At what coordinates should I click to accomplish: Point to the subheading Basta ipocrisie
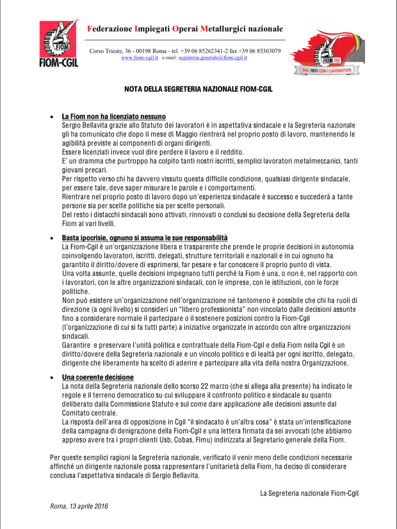click(145, 238)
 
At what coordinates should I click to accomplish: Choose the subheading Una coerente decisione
click(97, 377)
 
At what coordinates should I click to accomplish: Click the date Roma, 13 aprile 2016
click(79, 506)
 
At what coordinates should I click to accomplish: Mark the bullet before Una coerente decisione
click(52, 378)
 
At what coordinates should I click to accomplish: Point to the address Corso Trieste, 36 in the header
click(113, 51)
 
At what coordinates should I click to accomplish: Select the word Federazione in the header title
click(109, 28)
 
